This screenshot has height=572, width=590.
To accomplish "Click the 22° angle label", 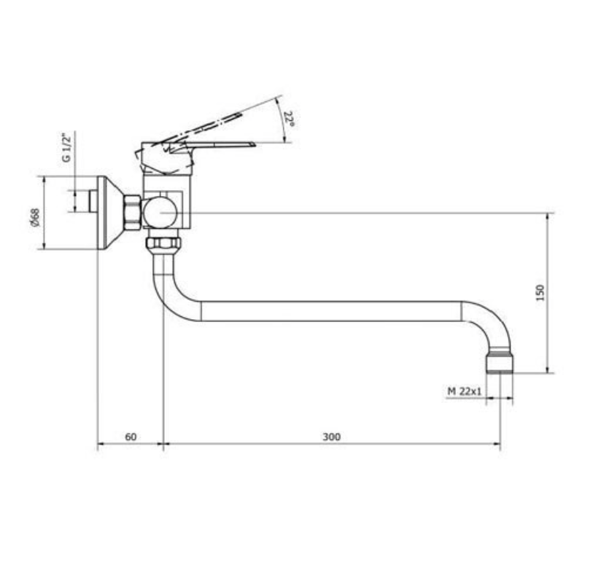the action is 289,119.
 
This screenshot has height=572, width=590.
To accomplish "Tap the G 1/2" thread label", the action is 66,147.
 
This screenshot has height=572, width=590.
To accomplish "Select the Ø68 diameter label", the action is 34,218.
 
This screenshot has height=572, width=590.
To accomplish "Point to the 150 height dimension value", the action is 540,293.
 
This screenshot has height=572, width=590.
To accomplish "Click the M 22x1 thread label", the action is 465,391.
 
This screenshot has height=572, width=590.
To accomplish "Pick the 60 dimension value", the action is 131,436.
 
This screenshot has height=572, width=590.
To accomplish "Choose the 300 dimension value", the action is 332,436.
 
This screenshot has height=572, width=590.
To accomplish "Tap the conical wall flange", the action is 110,213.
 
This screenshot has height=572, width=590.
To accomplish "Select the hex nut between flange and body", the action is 132,213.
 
